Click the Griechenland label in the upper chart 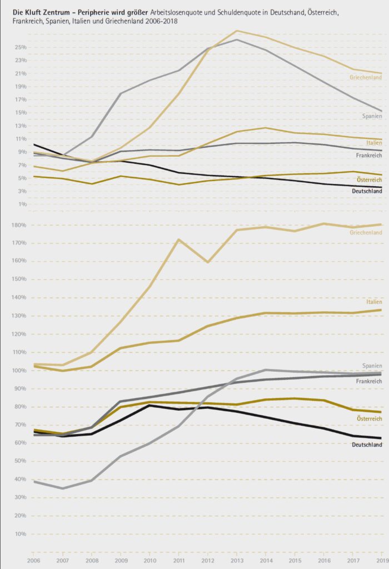click(365, 78)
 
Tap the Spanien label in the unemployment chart click(372, 116)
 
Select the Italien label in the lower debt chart click(373, 302)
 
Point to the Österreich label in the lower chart click(369, 418)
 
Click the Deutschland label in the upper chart click(367, 191)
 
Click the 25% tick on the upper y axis click(21, 47)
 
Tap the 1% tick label click(22, 204)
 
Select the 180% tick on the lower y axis click(19, 225)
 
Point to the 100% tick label click(19, 371)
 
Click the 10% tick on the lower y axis click(21, 534)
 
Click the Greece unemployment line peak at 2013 click(236, 31)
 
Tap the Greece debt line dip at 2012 click(207, 262)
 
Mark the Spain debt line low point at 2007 click(62, 488)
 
